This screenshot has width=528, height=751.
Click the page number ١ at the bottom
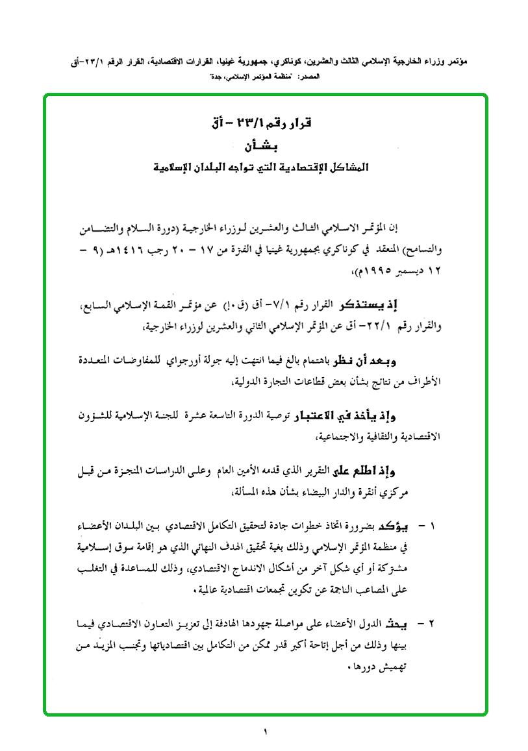tap(266, 732)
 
